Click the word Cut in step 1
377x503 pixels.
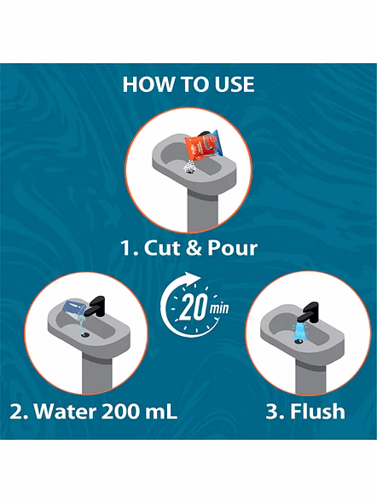pyautogui.click(x=159, y=248)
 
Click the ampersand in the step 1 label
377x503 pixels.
pyautogui.click(x=193, y=248)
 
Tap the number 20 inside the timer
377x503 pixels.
pyautogui.click(x=193, y=307)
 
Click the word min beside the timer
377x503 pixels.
pyautogui.click(x=219, y=309)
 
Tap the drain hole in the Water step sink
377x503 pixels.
pyautogui.click(x=85, y=335)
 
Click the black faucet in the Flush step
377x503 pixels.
pyautogui.click(x=308, y=311)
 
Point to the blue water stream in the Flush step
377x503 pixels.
pyautogui.click(x=299, y=332)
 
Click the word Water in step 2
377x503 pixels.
pyautogui.click(x=65, y=411)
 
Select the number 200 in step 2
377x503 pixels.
pyautogui.click(x=120, y=411)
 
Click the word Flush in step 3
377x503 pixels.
pyautogui.click(x=317, y=411)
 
